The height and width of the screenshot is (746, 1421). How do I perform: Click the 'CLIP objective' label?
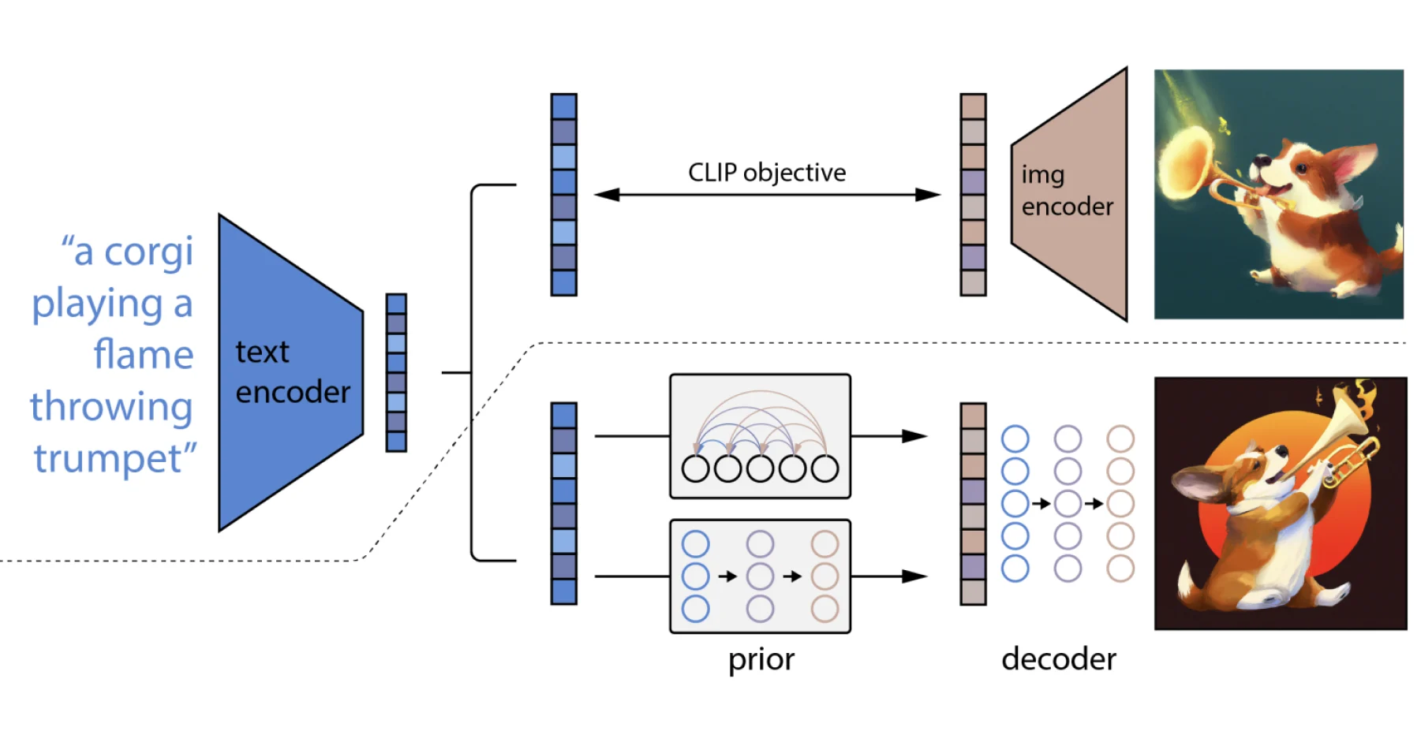point(766,173)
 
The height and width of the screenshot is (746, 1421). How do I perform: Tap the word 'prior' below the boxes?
point(761,659)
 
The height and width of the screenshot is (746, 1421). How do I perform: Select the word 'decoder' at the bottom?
point(1058,659)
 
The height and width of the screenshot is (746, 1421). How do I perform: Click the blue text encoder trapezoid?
point(284,372)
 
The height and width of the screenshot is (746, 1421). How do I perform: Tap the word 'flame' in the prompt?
point(144,355)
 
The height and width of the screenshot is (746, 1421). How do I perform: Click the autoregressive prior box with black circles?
point(760,435)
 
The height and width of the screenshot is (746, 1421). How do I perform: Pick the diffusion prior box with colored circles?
point(760,576)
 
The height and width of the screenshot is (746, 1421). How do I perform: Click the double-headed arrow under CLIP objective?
point(766,195)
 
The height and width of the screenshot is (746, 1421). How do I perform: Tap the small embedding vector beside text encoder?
point(396,372)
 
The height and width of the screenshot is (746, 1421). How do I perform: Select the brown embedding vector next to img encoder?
point(973,195)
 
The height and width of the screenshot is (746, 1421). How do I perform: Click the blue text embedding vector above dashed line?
point(563,195)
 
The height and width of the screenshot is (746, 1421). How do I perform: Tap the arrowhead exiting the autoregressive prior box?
point(915,436)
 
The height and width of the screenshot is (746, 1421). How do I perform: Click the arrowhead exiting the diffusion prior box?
point(915,576)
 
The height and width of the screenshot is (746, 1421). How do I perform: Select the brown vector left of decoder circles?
point(973,504)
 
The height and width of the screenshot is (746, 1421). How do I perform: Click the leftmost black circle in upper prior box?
point(695,468)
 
